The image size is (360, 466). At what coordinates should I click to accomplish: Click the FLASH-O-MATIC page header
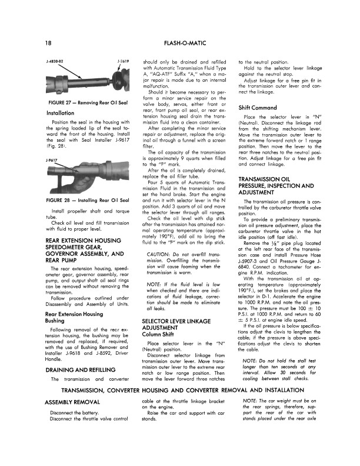pos(179,43)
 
